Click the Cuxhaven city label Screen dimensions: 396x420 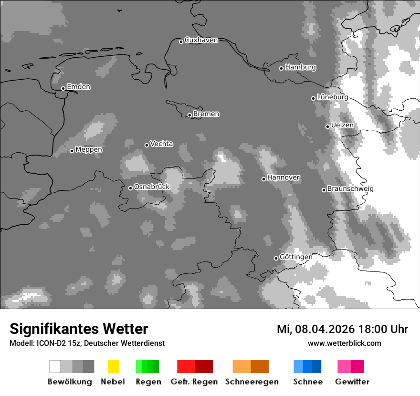(x=201, y=40)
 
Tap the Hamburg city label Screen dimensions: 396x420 (x=300, y=67)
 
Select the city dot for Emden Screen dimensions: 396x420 (x=63, y=88)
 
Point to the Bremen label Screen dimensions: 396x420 (x=206, y=114)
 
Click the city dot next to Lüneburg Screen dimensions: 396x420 (x=313, y=98)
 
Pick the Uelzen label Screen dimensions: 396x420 (x=342, y=125)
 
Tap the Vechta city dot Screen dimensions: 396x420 (x=147, y=145)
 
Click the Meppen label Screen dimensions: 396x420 (x=89, y=150)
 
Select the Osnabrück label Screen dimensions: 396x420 (x=152, y=187)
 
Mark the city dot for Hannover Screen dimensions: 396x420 (x=263, y=179)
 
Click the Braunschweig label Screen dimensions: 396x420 (x=350, y=189)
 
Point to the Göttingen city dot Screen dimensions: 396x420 (x=276, y=258)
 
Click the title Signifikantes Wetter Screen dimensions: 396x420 (x=79, y=329)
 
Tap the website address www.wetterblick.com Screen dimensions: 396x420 (x=344, y=343)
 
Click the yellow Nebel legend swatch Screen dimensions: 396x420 (x=113, y=366)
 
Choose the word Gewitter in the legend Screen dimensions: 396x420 (x=352, y=382)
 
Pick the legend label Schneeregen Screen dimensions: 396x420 (x=252, y=382)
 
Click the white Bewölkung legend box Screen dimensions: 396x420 (x=55, y=366)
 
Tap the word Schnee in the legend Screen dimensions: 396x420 (x=307, y=382)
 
